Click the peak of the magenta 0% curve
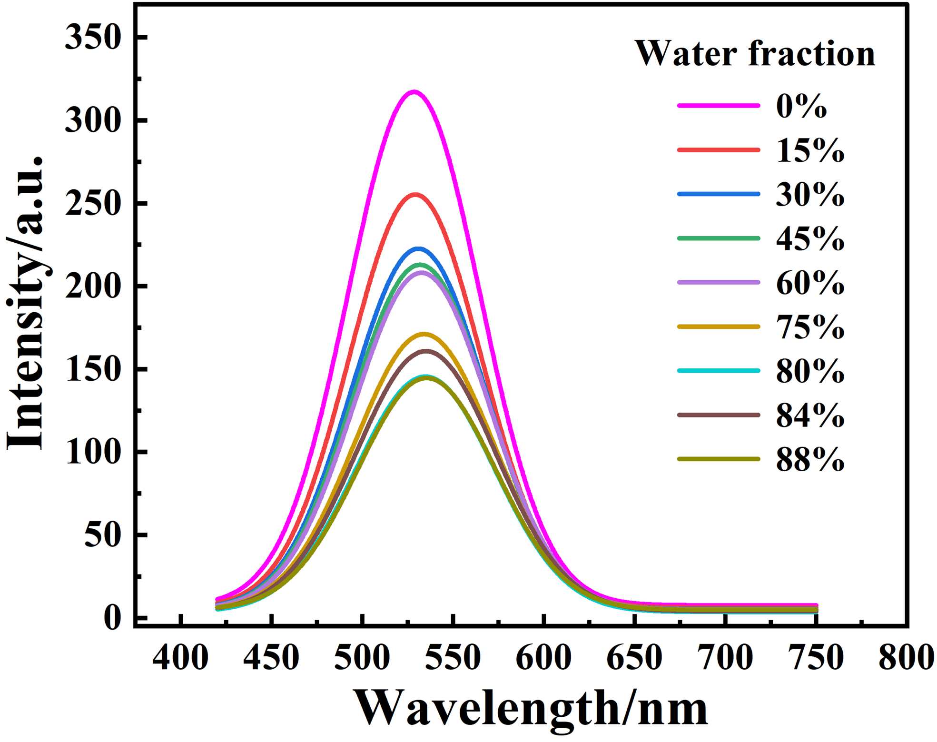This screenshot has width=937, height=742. pyautogui.click(x=414, y=91)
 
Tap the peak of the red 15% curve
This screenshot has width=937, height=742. pyautogui.click(x=415, y=194)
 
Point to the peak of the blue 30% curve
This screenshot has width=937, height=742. pyautogui.click(x=419, y=248)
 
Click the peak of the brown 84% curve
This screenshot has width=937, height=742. pyautogui.click(x=426, y=351)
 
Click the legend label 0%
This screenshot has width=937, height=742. pyautogui.click(x=801, y=106)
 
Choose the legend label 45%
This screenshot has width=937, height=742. pyautogui.click(x=810, y=238)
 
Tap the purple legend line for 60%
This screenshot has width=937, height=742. pyautogui.click(x=719, y=282)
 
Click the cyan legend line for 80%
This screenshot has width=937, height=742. pyautogui.click(x=719, y=370)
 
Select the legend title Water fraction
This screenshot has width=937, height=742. pyautogui.click(x=755, y=53)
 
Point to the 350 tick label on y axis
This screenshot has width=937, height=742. pyautogui.click(x=91, y=37)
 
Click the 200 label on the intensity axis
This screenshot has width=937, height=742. pyautogui.click(x=91, y=287)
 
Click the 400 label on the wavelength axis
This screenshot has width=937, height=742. pyautogui.click(x=180, y=658)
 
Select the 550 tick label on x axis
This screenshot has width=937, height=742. pyautogui.click(x=453, y=658)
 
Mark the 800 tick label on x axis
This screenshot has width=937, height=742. pyautogui.click(x=906, y=658)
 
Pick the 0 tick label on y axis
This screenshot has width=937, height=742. pyautogui.click(x=112, y=618)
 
